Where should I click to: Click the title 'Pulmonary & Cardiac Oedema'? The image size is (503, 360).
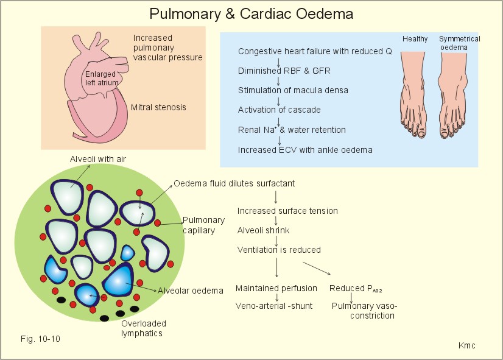(251, 13)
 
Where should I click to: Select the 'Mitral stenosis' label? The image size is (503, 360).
(158, 108)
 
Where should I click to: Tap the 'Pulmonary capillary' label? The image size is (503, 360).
(204, 225)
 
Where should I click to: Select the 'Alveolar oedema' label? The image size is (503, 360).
(191, 291)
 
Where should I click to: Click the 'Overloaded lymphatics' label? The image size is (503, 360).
(143, 328)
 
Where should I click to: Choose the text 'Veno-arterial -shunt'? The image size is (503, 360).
(274, 306)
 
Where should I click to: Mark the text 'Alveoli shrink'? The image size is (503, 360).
(263, 230)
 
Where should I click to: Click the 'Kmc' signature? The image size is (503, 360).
(466, 345)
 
